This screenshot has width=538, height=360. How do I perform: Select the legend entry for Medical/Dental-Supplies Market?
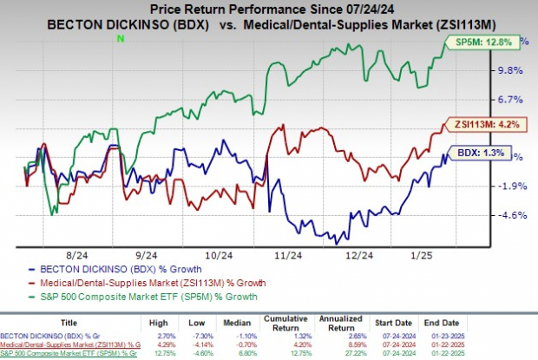pyautogui.click(x=130, y=283)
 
